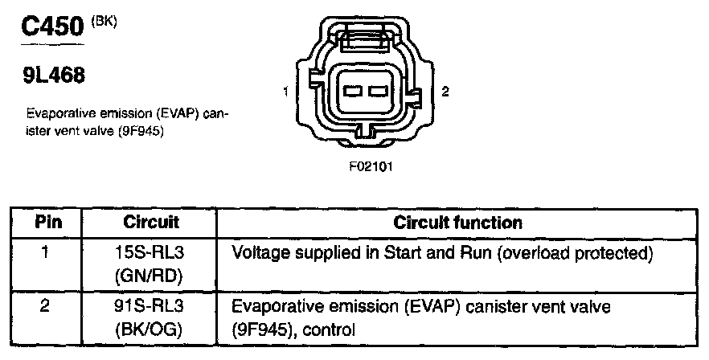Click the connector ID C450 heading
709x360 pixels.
point(53,29)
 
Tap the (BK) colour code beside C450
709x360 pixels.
point(105,21)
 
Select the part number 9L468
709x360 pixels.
point(53,76)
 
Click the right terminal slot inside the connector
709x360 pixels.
point(379,92)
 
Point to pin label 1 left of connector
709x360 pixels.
point(286,92)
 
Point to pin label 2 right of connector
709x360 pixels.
point(445,92)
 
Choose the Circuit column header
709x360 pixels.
point(151,223)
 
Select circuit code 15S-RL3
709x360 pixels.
point(151,254)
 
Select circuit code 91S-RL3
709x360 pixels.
point(151,306)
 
